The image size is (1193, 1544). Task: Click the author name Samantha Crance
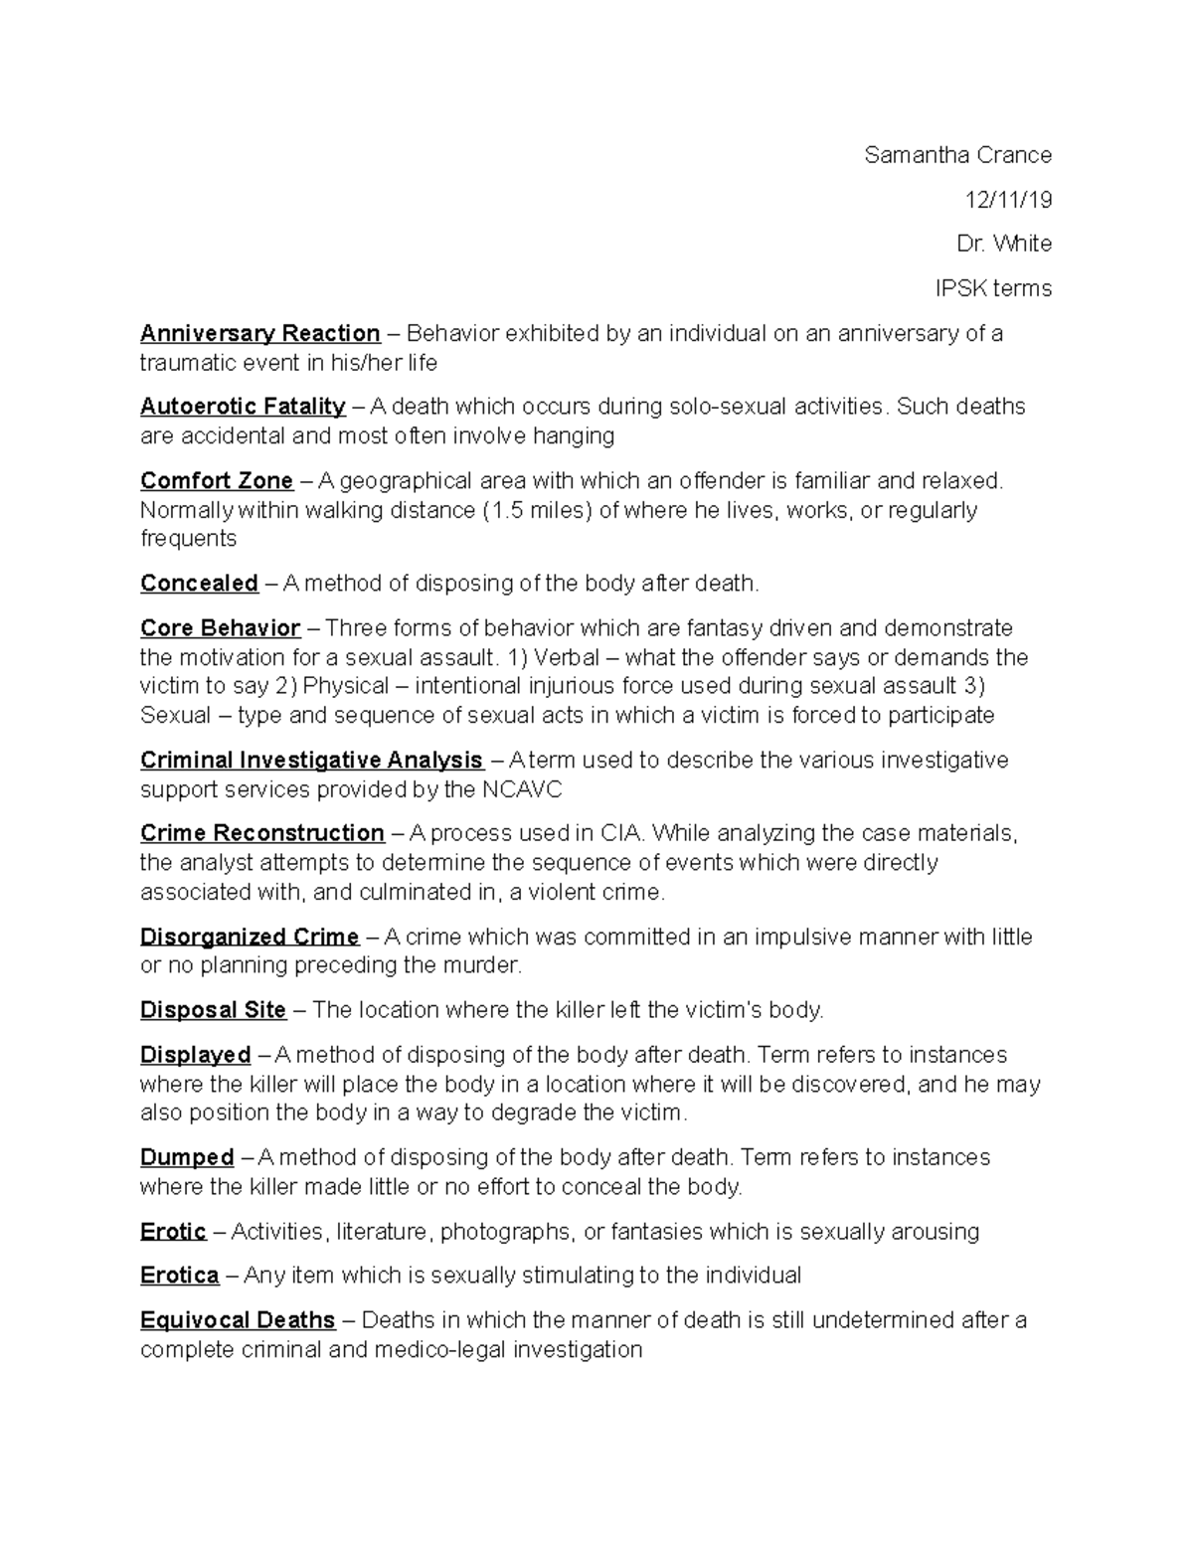pyautogui.click(x=957, y=155)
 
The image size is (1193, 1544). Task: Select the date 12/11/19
pyautogui.click(x=1008, y=200)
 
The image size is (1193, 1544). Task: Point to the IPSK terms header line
pyautogui.click(x=992, y=288)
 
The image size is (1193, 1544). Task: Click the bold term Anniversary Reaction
pyautogui.click(x=259, y=333)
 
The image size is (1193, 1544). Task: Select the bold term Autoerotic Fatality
pyautogui.click(x=243, y=407)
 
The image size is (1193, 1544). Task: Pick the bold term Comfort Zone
pyautogui.click(x=217, y=481)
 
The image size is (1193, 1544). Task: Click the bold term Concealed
pyautogui.click(x=199, y=584)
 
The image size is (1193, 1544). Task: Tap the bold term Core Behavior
pyautogui.click(x=220, y=628)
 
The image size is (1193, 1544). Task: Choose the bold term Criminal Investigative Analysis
pyautogui.click(x=311, y=761)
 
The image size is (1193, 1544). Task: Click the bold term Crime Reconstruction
pyautogui.click(x=262, y=833)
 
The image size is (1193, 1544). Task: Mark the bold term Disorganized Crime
pyautogui.click(x=250, y=937)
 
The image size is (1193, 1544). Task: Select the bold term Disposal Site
pyautogui.click(x=213, y=1010)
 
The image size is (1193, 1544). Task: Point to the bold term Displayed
pyautogui.click(x=195, y=1055)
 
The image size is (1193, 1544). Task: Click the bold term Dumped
pyautogui.click(x=187, y=1158)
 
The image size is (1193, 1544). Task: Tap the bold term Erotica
pyautogui.click(x=179, y=1276)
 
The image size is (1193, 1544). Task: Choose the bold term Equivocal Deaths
pyautogui.click(x=238, y=1320)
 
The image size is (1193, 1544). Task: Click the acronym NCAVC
pyautogui.click(x=522, y=790)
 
